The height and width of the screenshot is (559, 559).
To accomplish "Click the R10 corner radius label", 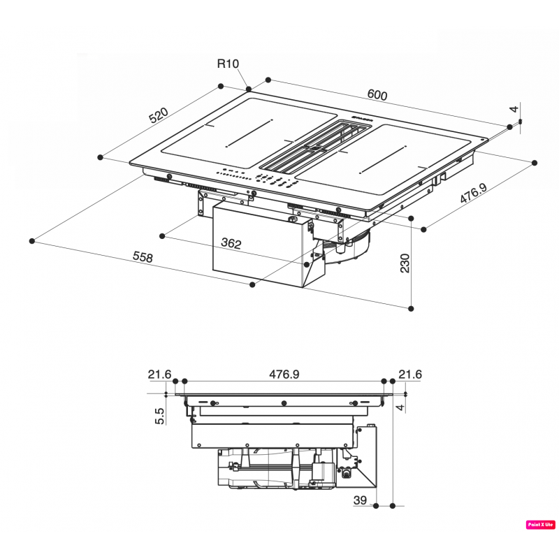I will [x=228, y=64].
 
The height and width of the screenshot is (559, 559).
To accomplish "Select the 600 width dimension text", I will [x=377, y=95].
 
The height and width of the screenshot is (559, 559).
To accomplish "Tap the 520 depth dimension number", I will [x=159, y=115].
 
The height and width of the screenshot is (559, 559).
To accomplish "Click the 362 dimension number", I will [x=231, y=244].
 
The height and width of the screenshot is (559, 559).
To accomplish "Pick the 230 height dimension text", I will [x=405, y=263].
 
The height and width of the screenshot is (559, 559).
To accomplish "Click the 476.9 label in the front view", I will [x=284, y=375].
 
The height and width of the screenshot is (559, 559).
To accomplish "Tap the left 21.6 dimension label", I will [x=159, y=375].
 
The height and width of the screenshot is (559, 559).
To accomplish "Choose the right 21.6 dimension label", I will [x=410, y=375].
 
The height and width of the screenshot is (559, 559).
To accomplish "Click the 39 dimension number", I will [x=361, y=500].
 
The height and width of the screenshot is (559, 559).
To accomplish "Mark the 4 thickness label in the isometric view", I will [x=514, y=109].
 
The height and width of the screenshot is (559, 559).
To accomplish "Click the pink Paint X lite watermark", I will [x=540, y=524].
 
